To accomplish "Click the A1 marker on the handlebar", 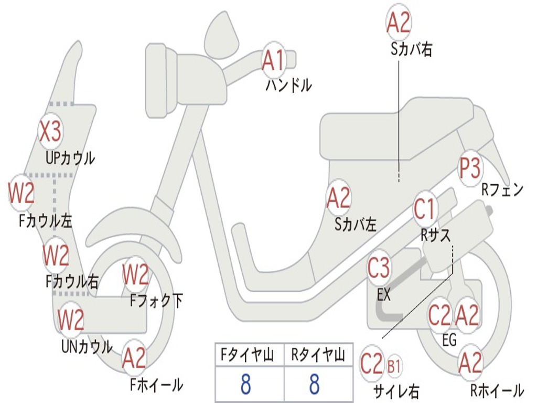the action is point(274,60).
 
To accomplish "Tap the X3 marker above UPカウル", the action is point(51,131).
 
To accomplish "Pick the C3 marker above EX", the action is point(379,268).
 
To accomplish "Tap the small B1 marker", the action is point(394,366).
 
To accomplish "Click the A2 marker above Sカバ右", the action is point(399,23).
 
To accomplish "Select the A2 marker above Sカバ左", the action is point(338,198).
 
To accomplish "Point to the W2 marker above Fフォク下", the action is point(136,274).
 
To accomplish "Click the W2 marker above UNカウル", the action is point(71,319).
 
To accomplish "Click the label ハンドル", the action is point(288,85).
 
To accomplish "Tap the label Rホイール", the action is point(496,390).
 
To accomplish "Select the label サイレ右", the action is point(396,391).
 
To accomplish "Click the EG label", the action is point(449,340).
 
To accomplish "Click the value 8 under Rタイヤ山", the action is point(314,385).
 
